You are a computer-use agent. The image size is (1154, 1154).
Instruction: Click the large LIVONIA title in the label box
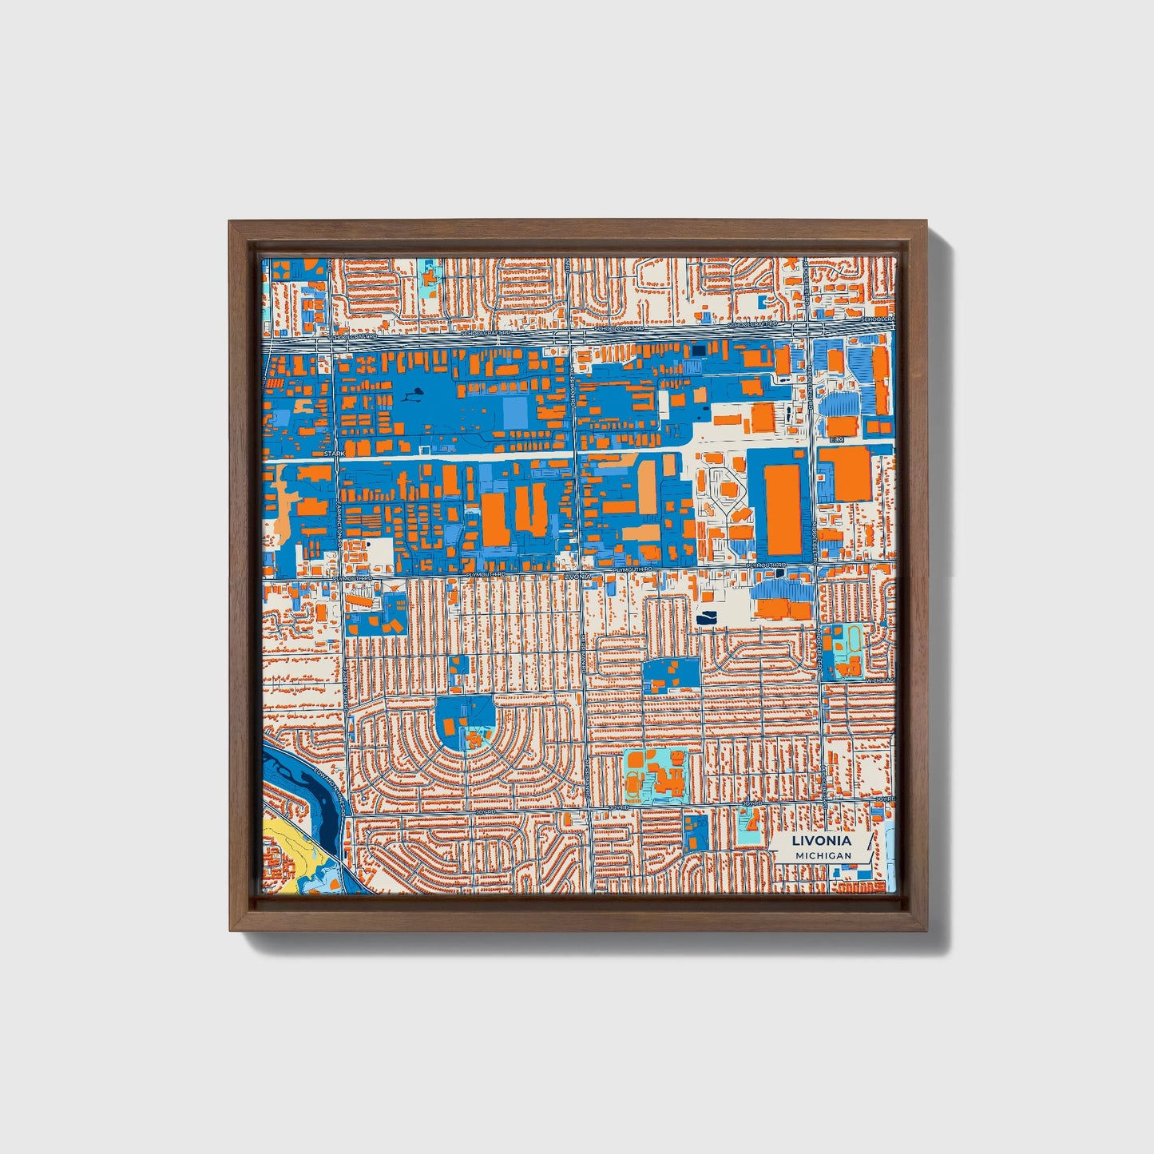click(821, 841)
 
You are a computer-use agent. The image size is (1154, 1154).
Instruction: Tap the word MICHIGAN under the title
click(823, 855)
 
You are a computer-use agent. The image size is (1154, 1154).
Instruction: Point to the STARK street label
click(334, 454)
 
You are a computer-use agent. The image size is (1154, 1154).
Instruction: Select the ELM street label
click(836, 440)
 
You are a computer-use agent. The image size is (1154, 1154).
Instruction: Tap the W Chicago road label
click(878, 680)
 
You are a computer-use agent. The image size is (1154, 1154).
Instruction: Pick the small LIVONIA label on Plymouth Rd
click(577, 575)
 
